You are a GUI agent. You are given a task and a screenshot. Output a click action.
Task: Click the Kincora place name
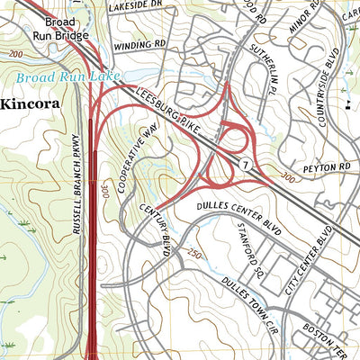pyautogui.click(x=30, y=103)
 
